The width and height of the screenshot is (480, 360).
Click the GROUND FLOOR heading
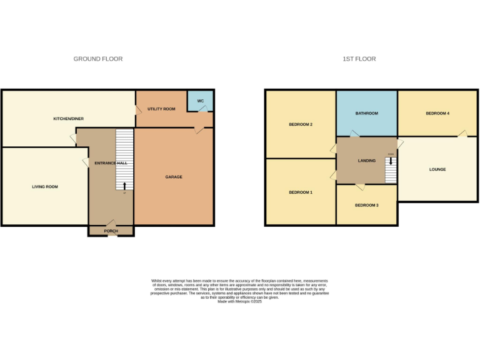[98, 59]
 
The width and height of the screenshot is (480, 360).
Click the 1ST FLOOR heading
[359, 59]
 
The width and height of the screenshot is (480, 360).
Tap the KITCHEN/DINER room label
[69, 118]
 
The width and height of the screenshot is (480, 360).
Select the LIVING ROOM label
[45, 186]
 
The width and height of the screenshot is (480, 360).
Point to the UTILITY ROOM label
[161, 109]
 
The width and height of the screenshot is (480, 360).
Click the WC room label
[201, 101]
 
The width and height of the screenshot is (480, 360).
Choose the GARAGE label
[174, 177]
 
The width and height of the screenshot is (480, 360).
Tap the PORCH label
[111, 231]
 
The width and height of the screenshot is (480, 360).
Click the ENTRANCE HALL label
[111, 162]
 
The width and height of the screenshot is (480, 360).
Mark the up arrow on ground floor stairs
[124, 185]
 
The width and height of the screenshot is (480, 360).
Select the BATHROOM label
[367, 113]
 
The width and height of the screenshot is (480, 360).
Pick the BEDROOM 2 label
[301, 124]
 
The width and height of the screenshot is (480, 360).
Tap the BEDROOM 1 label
[301, 192]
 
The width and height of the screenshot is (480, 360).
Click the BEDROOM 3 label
[367, 205]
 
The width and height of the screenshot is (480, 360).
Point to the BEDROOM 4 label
[437, 113]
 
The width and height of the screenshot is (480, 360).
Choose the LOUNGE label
[437, 169]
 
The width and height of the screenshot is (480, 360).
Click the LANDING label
[367, 161]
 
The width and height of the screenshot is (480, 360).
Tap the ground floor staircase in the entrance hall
[125, 159]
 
